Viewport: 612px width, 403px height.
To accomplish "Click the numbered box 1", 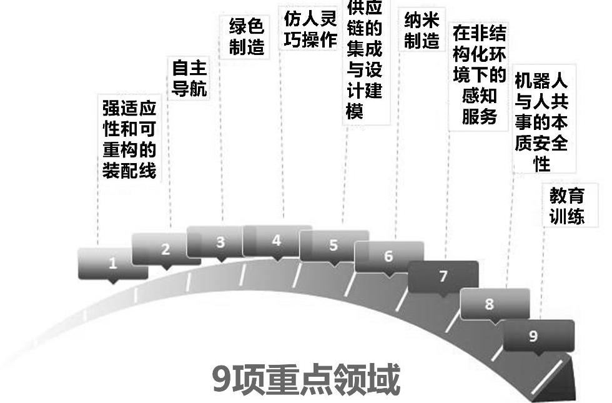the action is [x=113, y=263].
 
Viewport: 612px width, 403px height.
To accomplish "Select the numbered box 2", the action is [x=165, y=249].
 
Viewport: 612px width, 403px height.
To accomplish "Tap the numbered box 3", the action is [x=220, y=242].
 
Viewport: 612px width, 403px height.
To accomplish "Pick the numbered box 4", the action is [x=277, y=241].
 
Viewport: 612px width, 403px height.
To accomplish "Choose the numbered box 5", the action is [x=333, y=245].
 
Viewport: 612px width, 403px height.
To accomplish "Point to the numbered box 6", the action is [x=388, y=256].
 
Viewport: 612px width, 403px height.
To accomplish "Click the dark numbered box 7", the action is [x=443, y=276].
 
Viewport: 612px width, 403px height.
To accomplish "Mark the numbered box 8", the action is [x=489, y=304].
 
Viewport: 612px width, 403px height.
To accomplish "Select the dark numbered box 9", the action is [x=533, y=336].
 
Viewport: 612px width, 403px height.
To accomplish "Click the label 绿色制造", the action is [x=247, y=36].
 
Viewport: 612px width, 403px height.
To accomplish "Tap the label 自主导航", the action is [x=189, y=78].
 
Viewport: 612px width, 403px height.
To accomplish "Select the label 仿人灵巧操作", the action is [x=310, y=29].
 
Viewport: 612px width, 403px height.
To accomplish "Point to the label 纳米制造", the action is [x=422, y=31].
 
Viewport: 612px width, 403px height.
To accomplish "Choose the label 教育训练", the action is [x=567, y=206].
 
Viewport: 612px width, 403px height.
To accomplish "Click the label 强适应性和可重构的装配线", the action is [x=129, y=139].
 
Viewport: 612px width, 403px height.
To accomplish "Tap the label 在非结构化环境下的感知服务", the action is [x=479, y=75].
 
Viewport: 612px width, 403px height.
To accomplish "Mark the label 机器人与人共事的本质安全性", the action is [x=541, y=122].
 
